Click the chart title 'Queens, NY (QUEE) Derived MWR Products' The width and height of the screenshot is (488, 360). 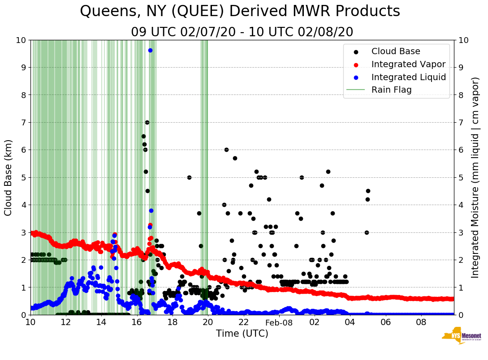pyautogui.click(x=240, y=11)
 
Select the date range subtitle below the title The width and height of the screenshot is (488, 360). pyautogui.click(x=242, y=32)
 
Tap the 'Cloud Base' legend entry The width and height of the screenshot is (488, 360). pyautogui.click(x=396, y=51)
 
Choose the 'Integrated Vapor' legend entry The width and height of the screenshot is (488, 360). pyautogui.click(x=408, y=64)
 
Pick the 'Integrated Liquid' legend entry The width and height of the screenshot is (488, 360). pyautogui.click(x=408, y=77)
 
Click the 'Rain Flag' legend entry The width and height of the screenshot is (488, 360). pyautogui.click(x=391, y=90)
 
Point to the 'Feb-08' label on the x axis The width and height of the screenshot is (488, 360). pyautogui.click(x=279, y=322)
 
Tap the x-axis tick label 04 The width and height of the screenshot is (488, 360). pyautogui.click(x=350, y=322)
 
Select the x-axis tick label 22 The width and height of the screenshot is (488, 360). pyautogui.click(x=243, y=322)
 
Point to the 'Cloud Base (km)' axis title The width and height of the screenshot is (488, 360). pyautogui.click(x=9, y=177)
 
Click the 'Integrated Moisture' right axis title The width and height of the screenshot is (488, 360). pyautogui.click(x=475, y=177)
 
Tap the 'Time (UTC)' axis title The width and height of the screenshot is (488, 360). pyautogui.click(x=242, y=334)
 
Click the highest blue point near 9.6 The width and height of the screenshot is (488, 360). pyautogui.click(x=150, y=50)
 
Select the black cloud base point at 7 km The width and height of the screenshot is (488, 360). pyautogui.click(x=147, y=122)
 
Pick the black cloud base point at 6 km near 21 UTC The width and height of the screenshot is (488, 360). pyautogui.click(x=226, y=150)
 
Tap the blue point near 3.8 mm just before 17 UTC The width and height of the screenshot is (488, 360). pyautogui.click(x=151, y=210)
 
